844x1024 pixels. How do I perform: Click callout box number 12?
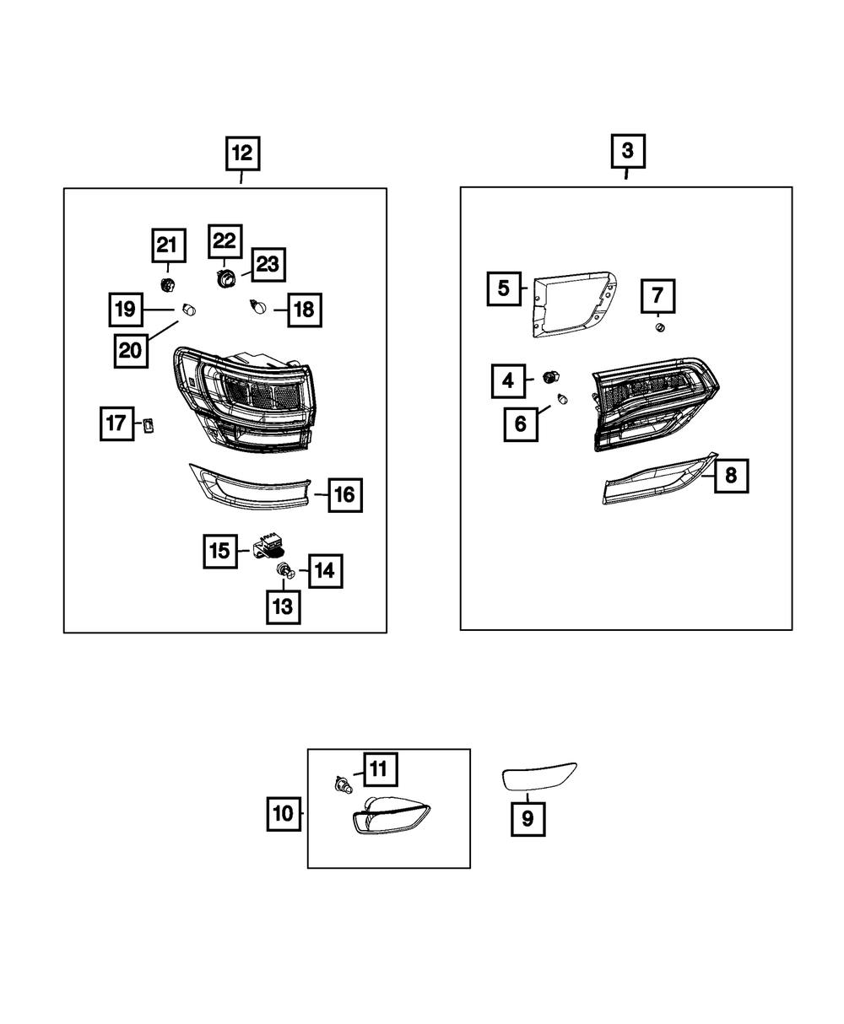(x=241, y=154)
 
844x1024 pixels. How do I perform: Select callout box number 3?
(x=627, y=152)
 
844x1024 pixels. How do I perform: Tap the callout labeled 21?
(x=167, y=245)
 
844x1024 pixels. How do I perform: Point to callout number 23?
(x=267, y=265)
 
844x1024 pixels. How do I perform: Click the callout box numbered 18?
(x=302, y=310)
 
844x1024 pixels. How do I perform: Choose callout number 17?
(x=116, y=423)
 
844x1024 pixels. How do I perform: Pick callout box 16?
(x=344, y=495)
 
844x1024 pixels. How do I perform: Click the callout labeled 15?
(x=219, y=551)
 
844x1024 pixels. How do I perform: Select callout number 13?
(x=283, y=606)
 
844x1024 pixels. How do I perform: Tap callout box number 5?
(x=504, y=288)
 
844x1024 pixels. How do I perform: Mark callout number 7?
(x=657, y=296)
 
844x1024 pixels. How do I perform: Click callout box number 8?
(x=730, y=476)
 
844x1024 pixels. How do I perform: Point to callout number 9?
(x=527, y=818)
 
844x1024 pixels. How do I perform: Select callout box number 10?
(x=284, y=814)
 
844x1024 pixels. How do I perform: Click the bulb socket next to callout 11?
(x=342, y=786)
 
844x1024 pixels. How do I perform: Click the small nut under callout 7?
(x=661, y=327)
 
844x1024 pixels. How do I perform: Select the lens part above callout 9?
(x=539, y=775)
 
